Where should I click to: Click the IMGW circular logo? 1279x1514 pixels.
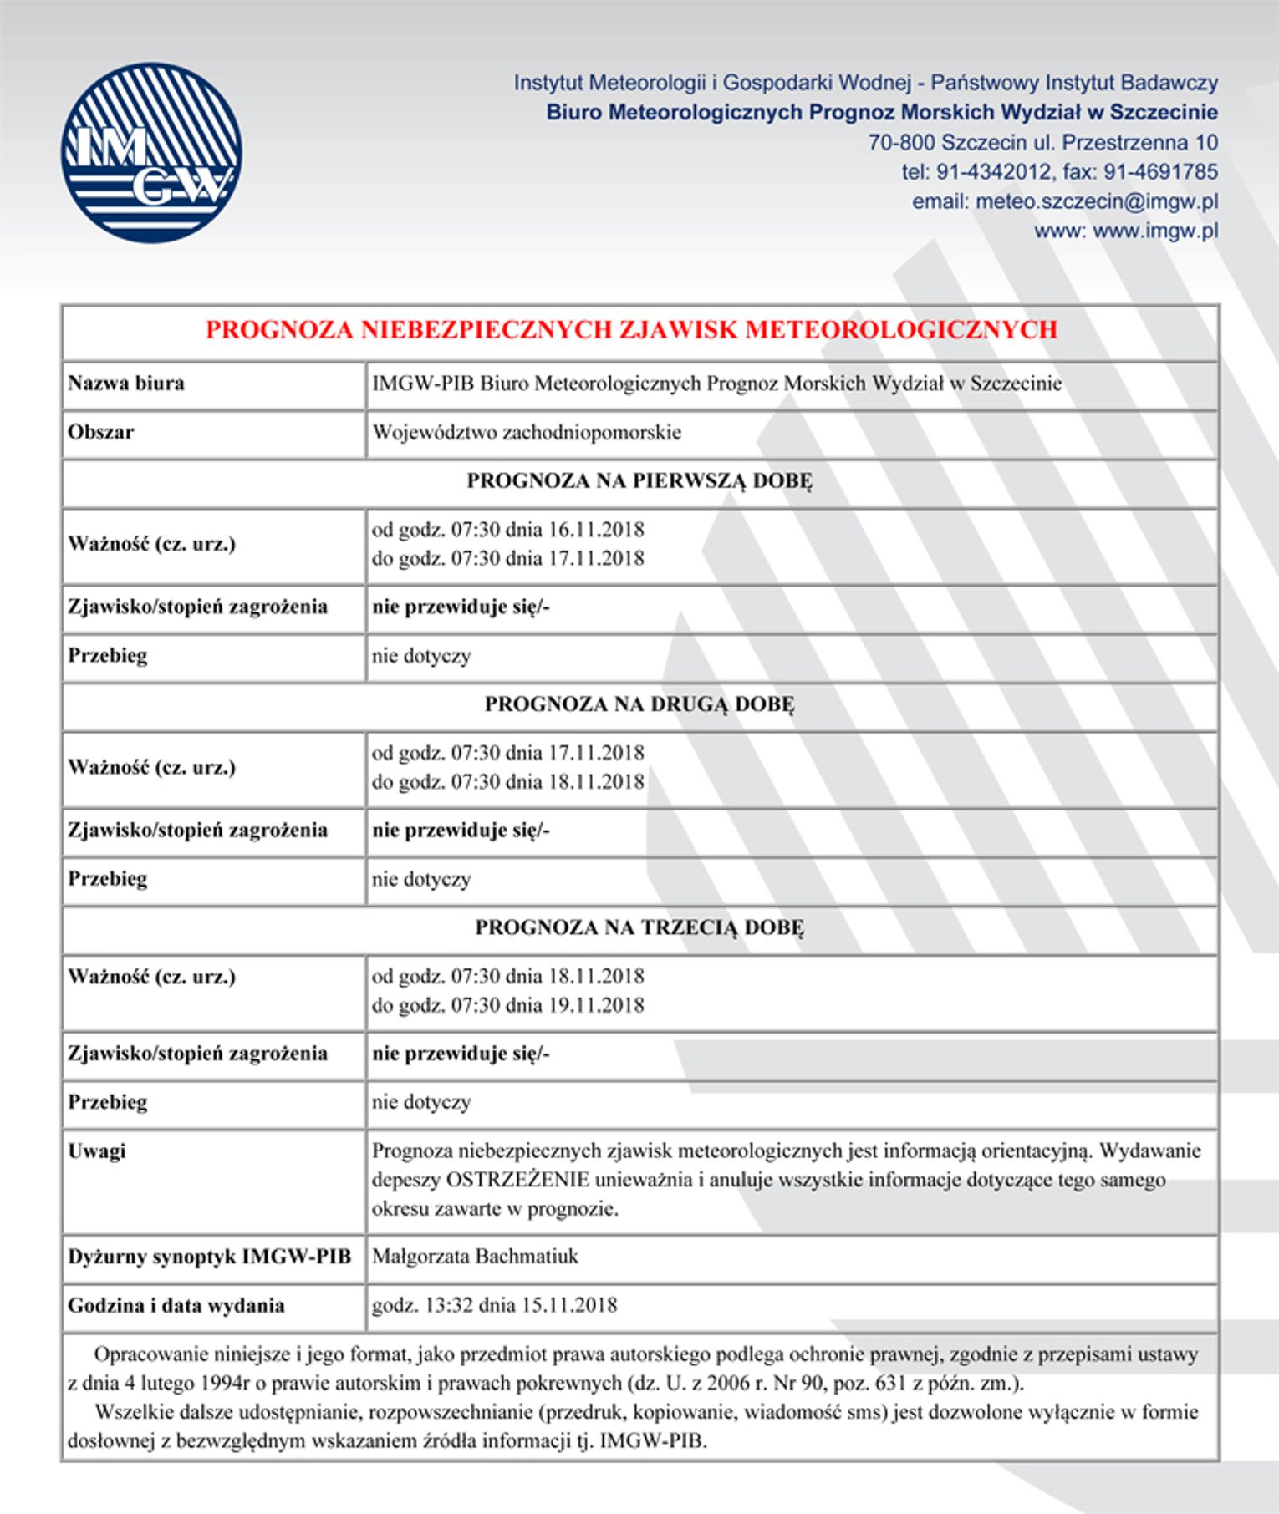[151, 153]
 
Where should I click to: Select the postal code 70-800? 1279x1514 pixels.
[901, 142]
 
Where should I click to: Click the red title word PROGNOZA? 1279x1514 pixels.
[280, 330]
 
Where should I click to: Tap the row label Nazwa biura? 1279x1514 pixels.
[126, 384]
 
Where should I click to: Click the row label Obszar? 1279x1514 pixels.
[101, 432]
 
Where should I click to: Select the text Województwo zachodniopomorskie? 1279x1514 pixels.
[527, 432]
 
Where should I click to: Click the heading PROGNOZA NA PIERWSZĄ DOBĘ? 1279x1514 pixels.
[639, 481]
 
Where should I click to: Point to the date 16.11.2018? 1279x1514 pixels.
[596, 530]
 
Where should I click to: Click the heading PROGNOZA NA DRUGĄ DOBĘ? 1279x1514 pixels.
[639, 704]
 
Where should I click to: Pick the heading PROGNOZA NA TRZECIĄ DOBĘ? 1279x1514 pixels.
[639, 927]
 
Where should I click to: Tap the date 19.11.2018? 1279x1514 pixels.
[596, 1004]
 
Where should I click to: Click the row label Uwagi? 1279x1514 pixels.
[97, 1151]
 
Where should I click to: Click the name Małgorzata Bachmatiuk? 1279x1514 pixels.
[475, 1257]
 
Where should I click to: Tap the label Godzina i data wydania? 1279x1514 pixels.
[176, 1305]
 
